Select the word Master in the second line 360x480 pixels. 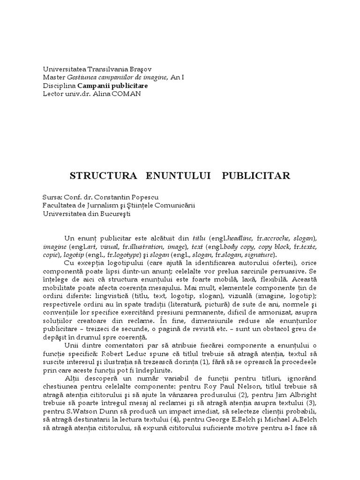tap(53, 77)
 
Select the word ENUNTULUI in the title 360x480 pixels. tap(174, 176)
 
